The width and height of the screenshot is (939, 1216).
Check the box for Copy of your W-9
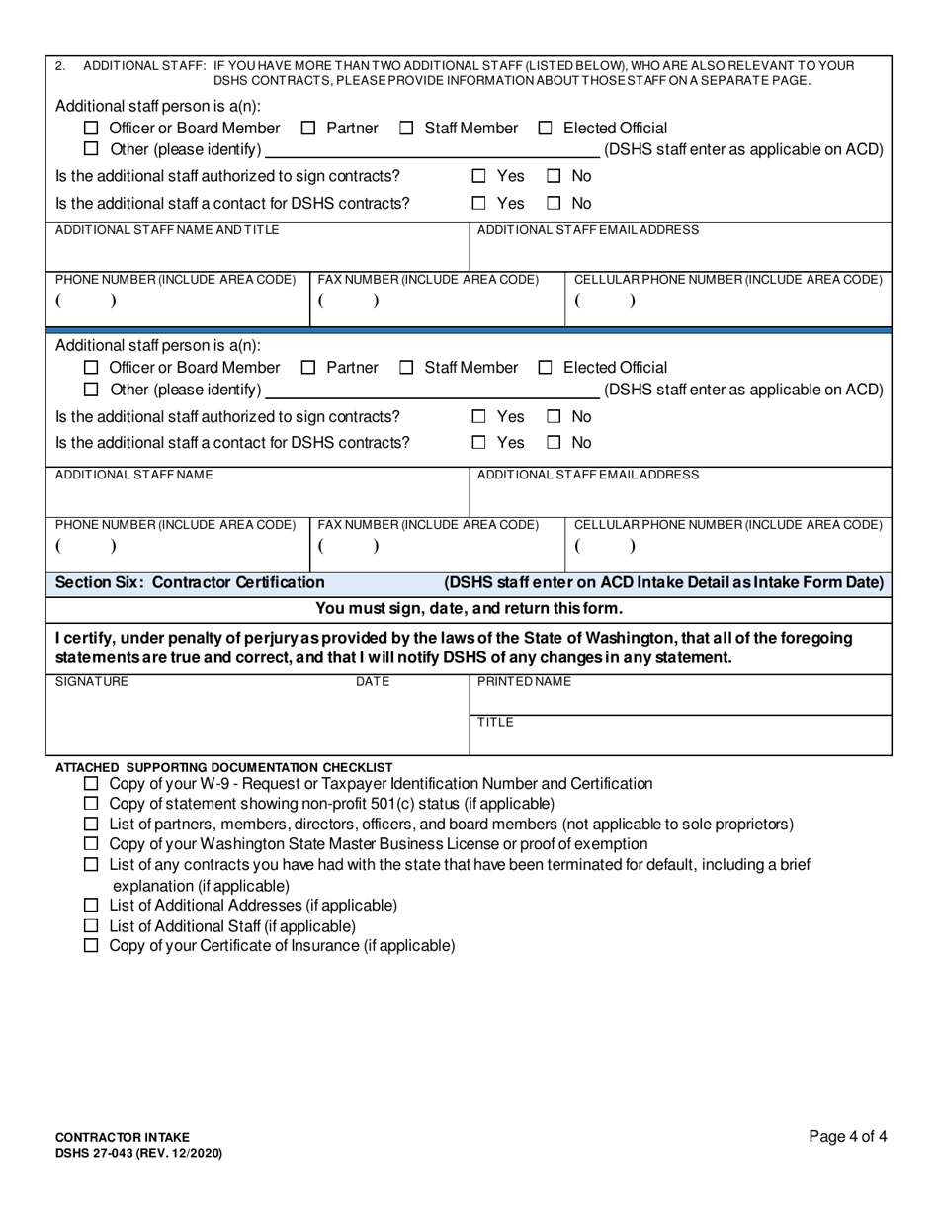pos(92,784)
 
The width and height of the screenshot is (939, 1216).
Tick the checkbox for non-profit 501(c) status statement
pos(92,804)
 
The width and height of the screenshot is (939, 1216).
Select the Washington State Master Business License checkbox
pos(92,844)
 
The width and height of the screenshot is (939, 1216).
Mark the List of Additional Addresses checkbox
pos(92,906)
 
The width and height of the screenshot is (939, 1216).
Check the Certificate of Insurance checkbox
pos(92,946)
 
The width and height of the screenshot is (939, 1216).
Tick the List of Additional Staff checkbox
pos(92,926)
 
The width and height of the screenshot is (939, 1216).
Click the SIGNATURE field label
pos(91,682)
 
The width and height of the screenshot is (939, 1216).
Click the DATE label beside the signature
pos(373,682)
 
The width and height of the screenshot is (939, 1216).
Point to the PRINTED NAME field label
pos(524,682)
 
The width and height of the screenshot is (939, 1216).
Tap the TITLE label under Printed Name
pos(495,723)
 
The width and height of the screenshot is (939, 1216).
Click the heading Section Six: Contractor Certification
pos(190,583)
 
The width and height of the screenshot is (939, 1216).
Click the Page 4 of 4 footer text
pos(847,1137)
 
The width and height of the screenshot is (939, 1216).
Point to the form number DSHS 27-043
pos(138,1154)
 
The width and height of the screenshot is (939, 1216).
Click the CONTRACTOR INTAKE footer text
pos(123,1138)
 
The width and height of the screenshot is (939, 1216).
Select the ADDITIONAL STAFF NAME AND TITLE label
pos(167,230)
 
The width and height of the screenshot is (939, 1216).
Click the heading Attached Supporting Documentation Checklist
pos(223,767)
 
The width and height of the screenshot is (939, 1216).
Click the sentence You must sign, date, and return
pos(469,609)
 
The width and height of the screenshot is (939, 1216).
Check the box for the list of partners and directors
pos(92,825)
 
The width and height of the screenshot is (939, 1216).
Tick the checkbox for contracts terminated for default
pos(92,865)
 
